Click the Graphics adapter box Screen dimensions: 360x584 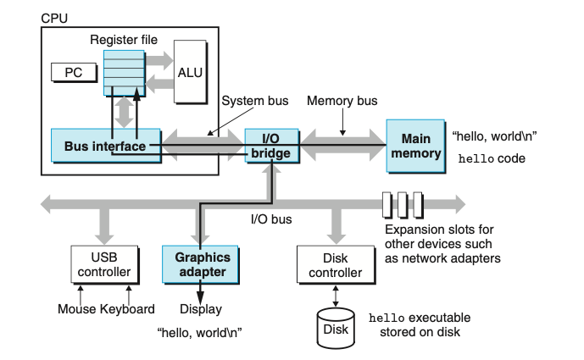197,264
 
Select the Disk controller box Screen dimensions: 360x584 331,264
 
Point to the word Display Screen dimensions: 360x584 203,309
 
